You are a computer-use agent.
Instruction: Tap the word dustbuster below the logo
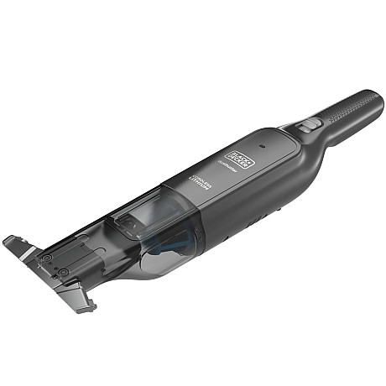click(x=225, y=165)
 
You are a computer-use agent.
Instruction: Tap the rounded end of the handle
click(x=375, y=97)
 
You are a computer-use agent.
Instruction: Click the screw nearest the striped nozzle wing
click(x=48, y=258)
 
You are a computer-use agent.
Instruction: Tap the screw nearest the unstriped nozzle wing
click(x=65, y=273)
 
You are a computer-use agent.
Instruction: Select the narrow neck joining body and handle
click(x=312, y=133)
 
